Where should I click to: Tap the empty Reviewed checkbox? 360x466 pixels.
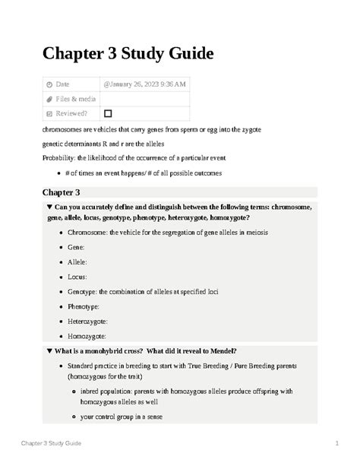pos(108,113)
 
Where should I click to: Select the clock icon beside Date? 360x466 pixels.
pos(49,84)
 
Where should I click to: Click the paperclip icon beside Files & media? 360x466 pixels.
pos(49,99)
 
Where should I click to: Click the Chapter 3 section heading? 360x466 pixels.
pos(66,192)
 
